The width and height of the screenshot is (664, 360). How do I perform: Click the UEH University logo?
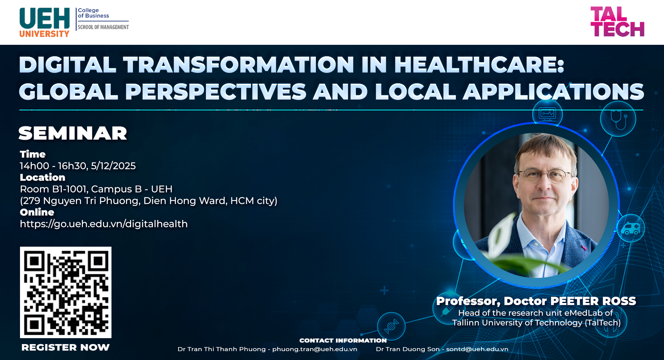click(44, 22)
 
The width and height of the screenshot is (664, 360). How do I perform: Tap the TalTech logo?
click(617, 21)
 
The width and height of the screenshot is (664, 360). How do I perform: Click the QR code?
click(66, 292)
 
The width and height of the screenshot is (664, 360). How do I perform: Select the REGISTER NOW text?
click(66, 347)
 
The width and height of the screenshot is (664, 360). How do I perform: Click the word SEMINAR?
click(73, 133)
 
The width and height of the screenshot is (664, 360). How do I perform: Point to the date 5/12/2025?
click(113, 166)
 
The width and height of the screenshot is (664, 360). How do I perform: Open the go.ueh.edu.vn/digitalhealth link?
click(104, 224)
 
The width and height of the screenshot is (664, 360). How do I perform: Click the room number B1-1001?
click(70, 189)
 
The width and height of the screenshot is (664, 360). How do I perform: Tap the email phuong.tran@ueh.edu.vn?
click(315, 349)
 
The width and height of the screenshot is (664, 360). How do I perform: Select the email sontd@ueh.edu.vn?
click(477, 349)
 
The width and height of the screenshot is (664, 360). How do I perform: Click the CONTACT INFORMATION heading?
click(343, 340)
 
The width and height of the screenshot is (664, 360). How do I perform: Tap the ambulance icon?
click(630, 229)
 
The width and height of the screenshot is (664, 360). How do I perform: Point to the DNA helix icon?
click(391, 326)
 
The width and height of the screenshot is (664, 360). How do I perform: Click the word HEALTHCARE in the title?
click(479, 65)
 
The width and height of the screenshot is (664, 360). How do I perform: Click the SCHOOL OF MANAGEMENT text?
click(103, 27)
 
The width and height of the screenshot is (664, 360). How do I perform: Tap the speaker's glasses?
click(544, 174)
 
